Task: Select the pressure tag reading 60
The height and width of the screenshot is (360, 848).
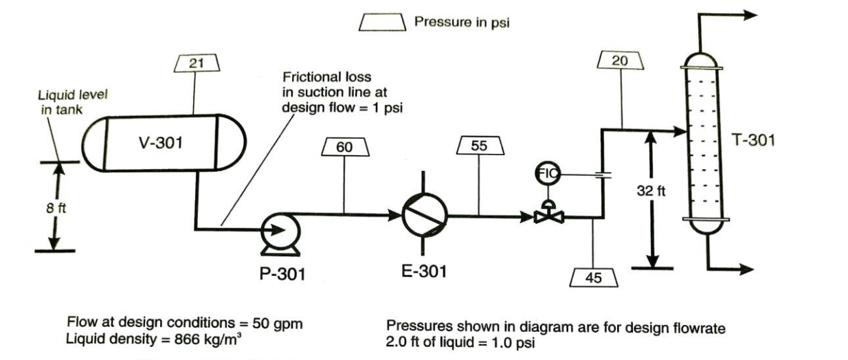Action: coord(343,146)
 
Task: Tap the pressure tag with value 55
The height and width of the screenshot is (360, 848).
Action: coord(480,146)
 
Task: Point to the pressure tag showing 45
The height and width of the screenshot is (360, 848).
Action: coord(594,278)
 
